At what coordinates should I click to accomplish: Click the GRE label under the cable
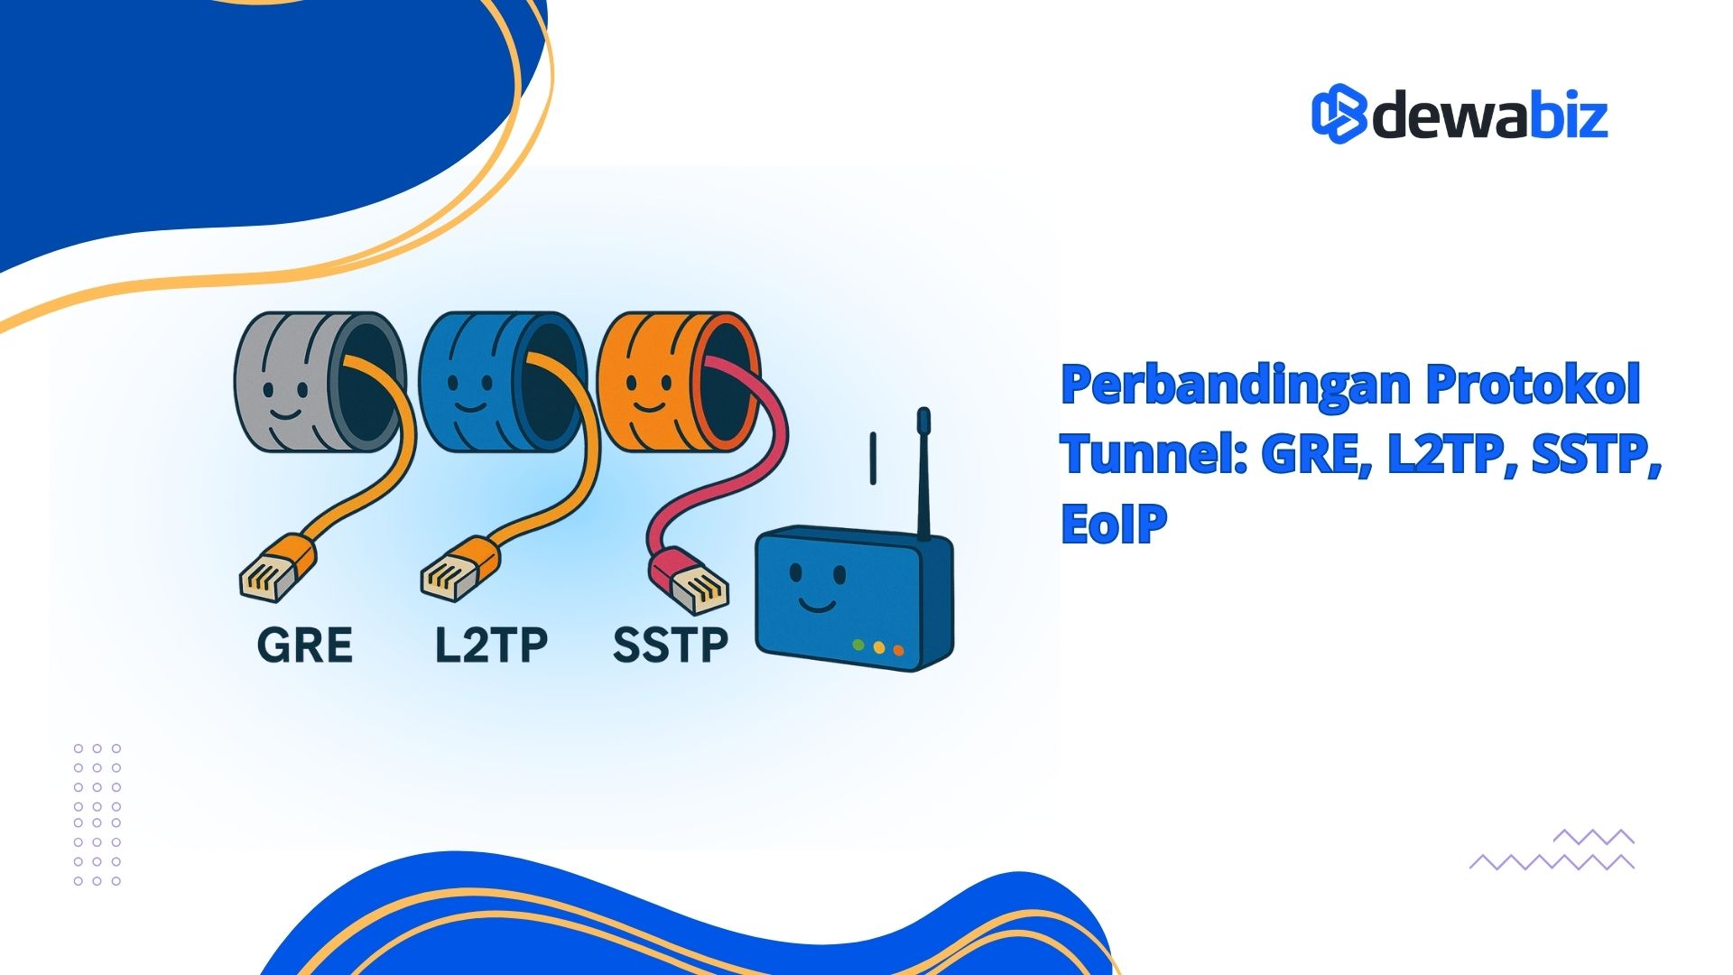[305, 645]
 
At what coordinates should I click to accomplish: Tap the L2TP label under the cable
[491, 645]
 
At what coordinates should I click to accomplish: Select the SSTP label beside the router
[670, 645]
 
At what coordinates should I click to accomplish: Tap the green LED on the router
[858, 645]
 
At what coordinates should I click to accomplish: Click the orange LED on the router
[897, 650]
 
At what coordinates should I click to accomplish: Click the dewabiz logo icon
[1339, 114]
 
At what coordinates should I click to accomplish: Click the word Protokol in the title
[1534, 384]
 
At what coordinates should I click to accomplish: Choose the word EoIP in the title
[1114, 523]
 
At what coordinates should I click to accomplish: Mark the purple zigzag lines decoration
[1552, 850]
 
